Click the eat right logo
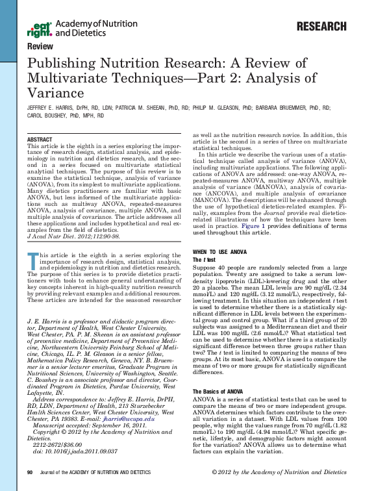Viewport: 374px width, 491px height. click(40, 29)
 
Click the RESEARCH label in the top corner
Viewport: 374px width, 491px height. click(321, 27)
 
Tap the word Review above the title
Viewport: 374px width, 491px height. click(40, 47)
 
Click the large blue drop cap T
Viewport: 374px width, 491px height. click(32, 259)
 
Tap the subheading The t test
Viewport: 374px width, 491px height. click(205, 241)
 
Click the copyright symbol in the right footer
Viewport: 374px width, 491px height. click(216, 472)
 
